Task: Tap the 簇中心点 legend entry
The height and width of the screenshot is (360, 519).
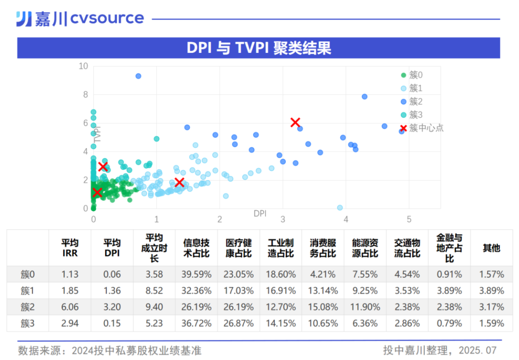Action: click(422, 128)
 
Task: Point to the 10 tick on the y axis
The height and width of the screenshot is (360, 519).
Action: click(84, 66)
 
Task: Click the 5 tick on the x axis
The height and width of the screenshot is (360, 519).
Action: click(409, 219)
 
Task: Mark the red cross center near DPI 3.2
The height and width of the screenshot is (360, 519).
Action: click(296, 123)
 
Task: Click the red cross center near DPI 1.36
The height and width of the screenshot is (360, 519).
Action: click(179, 182)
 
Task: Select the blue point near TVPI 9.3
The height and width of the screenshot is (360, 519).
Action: click(138, 76)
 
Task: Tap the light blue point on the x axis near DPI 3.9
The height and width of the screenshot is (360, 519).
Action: click(340, 208)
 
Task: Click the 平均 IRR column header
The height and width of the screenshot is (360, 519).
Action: click(70, 248)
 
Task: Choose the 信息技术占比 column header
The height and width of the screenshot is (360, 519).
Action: click(196, 248)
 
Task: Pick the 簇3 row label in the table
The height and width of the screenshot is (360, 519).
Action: click(28, 323)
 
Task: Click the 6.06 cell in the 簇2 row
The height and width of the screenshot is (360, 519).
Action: click(70, 307)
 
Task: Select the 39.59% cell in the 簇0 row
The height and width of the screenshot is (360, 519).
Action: click(196, 274)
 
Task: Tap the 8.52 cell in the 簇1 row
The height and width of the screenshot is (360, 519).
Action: click(154, 291)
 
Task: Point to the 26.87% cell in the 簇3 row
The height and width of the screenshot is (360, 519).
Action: click(238, 323)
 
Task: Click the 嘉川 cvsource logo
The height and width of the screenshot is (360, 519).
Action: click(80, 19)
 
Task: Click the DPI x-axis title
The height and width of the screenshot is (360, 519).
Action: click(260, 213)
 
